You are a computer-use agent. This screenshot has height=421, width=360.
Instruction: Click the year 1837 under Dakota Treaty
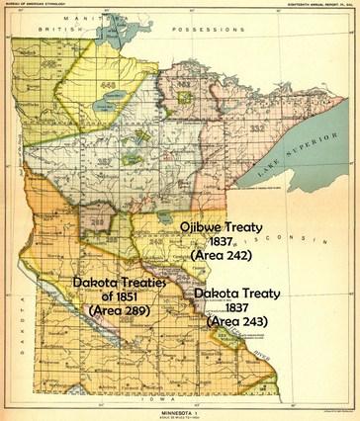(x=234, y=307)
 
